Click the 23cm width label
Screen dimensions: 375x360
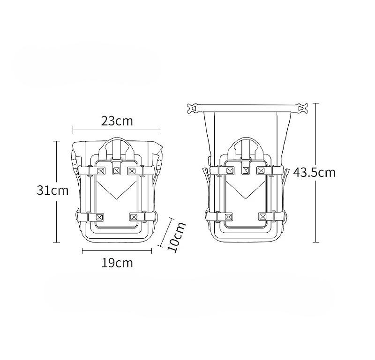117,121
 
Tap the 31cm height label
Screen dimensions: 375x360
52,191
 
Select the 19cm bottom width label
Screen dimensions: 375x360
117,263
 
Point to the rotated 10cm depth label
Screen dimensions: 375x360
177,237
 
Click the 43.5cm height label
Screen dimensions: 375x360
314,172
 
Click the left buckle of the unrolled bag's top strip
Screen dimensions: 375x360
193,109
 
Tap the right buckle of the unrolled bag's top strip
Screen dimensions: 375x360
302,109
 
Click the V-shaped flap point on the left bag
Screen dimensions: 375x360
116,199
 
